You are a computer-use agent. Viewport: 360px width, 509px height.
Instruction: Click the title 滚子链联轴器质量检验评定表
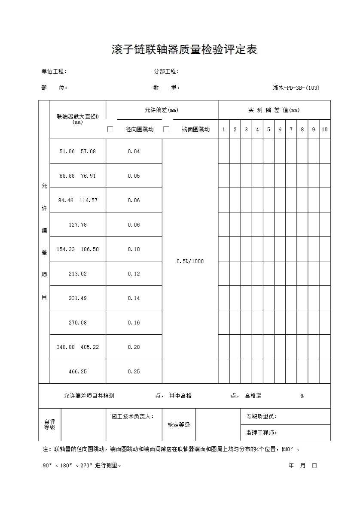[184, 50]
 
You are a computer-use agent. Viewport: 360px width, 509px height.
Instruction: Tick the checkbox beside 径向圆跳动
[110, 129]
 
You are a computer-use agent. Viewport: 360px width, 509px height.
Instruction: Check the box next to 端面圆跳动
[166, 129]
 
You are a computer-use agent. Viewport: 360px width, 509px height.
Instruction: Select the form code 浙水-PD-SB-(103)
[296, 88]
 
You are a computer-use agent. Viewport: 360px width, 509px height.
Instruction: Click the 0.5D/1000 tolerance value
[190, 261]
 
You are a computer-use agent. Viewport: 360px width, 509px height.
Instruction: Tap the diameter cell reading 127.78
[78, 225]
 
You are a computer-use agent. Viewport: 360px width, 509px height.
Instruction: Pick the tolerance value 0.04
[134, 151]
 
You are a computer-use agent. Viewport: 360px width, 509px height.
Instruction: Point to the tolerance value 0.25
[134, 372]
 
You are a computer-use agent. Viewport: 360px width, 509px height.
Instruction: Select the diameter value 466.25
[78, 372]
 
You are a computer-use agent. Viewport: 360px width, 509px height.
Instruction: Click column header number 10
[325, 130]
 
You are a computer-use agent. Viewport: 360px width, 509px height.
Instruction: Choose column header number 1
[223, 130]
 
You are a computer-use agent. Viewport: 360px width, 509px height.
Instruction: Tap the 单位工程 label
[54, 72]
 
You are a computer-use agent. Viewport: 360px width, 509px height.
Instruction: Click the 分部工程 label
[167, 72]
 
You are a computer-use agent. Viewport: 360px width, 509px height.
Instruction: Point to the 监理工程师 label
[262, 433]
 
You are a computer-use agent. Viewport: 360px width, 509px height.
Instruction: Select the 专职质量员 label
[262, 417]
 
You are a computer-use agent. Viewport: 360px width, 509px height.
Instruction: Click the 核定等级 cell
[179, 424]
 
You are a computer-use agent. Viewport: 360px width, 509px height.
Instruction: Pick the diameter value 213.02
[78, 274]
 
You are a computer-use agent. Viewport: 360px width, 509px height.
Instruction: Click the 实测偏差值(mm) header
[274, 110]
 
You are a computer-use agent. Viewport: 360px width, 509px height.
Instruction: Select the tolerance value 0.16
[134, 323]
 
